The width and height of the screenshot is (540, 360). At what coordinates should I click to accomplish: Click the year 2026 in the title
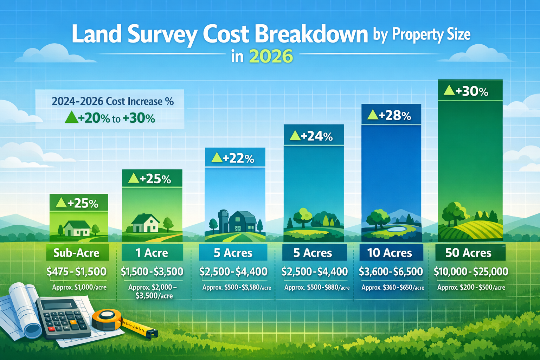[271, 56]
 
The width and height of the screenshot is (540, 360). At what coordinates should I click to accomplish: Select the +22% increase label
[233, 158]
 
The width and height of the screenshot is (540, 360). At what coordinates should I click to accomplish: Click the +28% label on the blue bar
[390, 115]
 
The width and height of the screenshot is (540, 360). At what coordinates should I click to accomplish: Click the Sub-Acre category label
[76, 253]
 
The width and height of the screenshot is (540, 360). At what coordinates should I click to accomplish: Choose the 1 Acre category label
[152, 253]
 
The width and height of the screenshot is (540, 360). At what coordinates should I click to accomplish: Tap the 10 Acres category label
[390, 253]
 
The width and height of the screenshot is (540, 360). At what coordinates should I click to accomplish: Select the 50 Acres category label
[468, 253]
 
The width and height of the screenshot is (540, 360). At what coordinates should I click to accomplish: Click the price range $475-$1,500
[76, 271]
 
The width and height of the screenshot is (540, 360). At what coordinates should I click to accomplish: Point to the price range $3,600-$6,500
[391, 271]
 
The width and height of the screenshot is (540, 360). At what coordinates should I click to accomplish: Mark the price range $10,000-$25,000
[471, 271]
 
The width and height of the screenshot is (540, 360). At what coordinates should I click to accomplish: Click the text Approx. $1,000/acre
[79, 287]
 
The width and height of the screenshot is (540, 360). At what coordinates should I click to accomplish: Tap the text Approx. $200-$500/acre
[471, 287]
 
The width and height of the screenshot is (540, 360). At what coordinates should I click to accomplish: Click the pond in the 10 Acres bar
[396, 229]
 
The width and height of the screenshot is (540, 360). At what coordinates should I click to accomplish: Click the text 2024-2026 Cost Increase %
[112, 102]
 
